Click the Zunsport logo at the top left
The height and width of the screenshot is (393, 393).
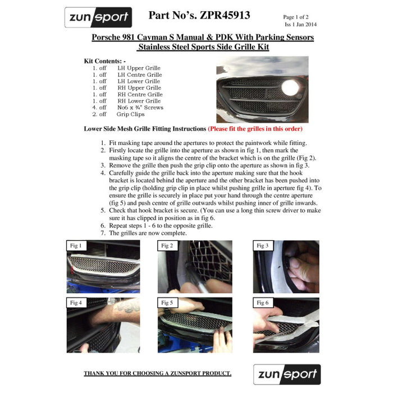coord(98,17)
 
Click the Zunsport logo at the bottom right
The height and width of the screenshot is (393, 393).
coord(286,374)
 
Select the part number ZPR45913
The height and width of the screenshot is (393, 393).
coord(199,15)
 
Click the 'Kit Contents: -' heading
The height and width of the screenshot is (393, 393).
coord(105,61)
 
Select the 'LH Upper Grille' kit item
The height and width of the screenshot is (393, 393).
coord(139,68)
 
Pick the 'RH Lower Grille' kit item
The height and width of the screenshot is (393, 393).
coord(139,101)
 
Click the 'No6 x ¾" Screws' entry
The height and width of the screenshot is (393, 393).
coord(140,108)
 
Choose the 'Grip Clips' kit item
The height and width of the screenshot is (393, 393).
coord(130,115)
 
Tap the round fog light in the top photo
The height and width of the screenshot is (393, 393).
coord(290,88)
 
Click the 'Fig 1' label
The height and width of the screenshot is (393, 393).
coord(76,246)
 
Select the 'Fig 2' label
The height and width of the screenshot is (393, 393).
coord(167,246)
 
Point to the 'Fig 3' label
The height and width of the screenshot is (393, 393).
coord(262,246)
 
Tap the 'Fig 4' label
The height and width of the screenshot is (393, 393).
coord(76,303)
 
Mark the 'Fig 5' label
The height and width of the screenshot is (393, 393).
coord(167,303)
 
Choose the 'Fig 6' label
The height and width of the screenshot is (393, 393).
coord(262,303)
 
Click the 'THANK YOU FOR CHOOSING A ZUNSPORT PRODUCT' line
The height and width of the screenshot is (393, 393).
coord(157,373)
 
